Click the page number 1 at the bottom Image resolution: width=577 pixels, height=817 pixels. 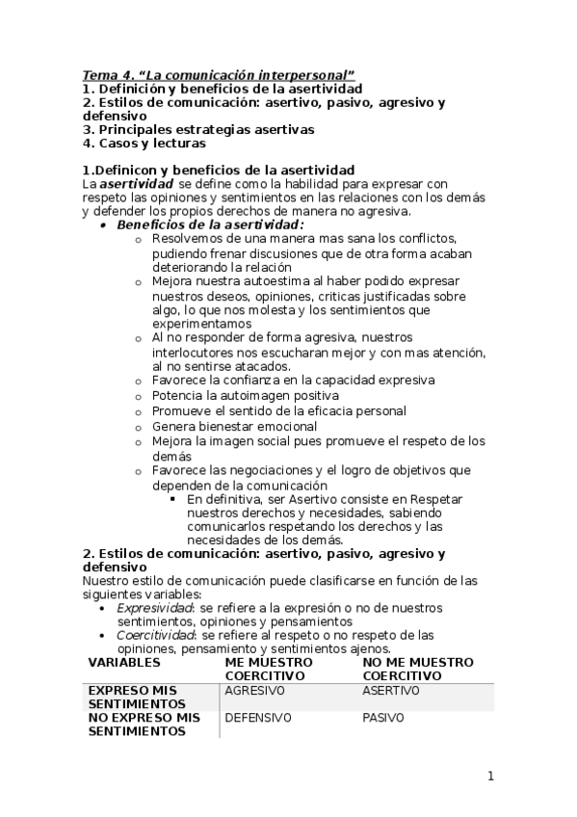[490, 777]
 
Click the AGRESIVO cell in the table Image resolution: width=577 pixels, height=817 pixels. [254, 691]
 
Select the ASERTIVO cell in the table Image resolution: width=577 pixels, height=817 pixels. [391, 691]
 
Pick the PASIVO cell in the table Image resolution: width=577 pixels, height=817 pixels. [383, 718]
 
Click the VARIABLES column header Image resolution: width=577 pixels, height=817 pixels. [124, 663]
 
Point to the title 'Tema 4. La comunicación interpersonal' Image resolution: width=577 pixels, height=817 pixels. [219, 74]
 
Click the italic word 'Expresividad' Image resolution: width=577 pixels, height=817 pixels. [155, 608]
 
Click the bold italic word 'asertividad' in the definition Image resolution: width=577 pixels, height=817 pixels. [138, 183]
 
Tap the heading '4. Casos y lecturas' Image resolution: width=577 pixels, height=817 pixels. [144, 143]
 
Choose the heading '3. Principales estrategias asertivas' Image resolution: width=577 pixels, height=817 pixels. [198, 129]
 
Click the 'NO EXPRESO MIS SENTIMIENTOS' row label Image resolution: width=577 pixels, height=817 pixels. [144, 725]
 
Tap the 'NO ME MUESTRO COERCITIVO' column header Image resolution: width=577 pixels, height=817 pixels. [418, 670]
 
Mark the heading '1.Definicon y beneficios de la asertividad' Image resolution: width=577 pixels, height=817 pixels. [219, 170]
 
